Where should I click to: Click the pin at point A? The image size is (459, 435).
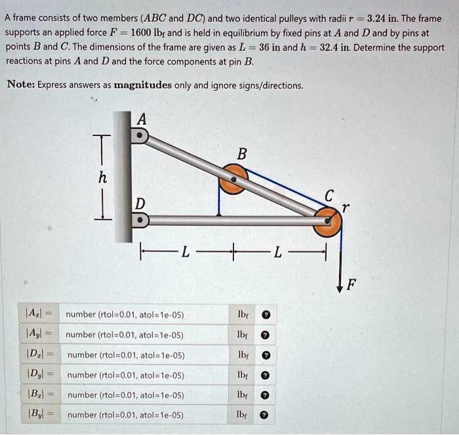tap(140, 135)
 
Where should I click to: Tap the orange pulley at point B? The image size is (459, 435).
tap(233, 179)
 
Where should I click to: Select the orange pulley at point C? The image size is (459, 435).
tap(327, 221)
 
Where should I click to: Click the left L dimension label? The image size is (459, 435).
tap(186, 251)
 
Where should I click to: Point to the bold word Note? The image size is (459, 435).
tap(22, 84)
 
